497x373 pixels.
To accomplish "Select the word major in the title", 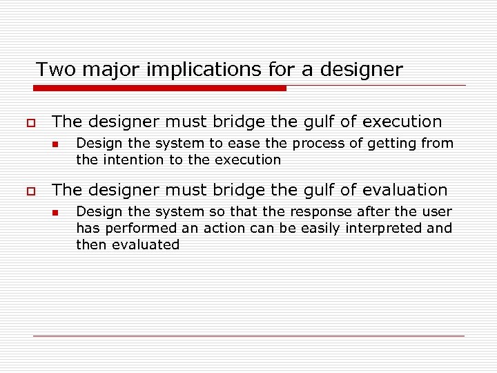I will coord(106,70).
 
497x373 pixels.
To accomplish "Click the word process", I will coord(318,144).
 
